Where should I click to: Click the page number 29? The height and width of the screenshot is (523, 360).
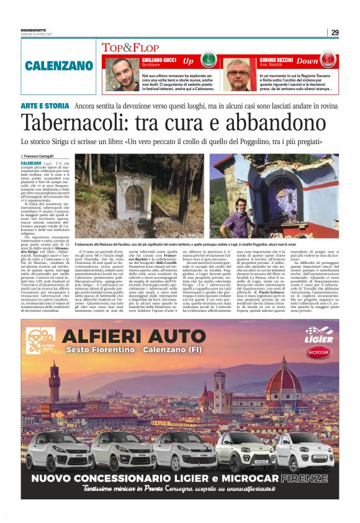pos(335,32)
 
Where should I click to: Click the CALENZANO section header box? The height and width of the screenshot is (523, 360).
pos(59,65)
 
